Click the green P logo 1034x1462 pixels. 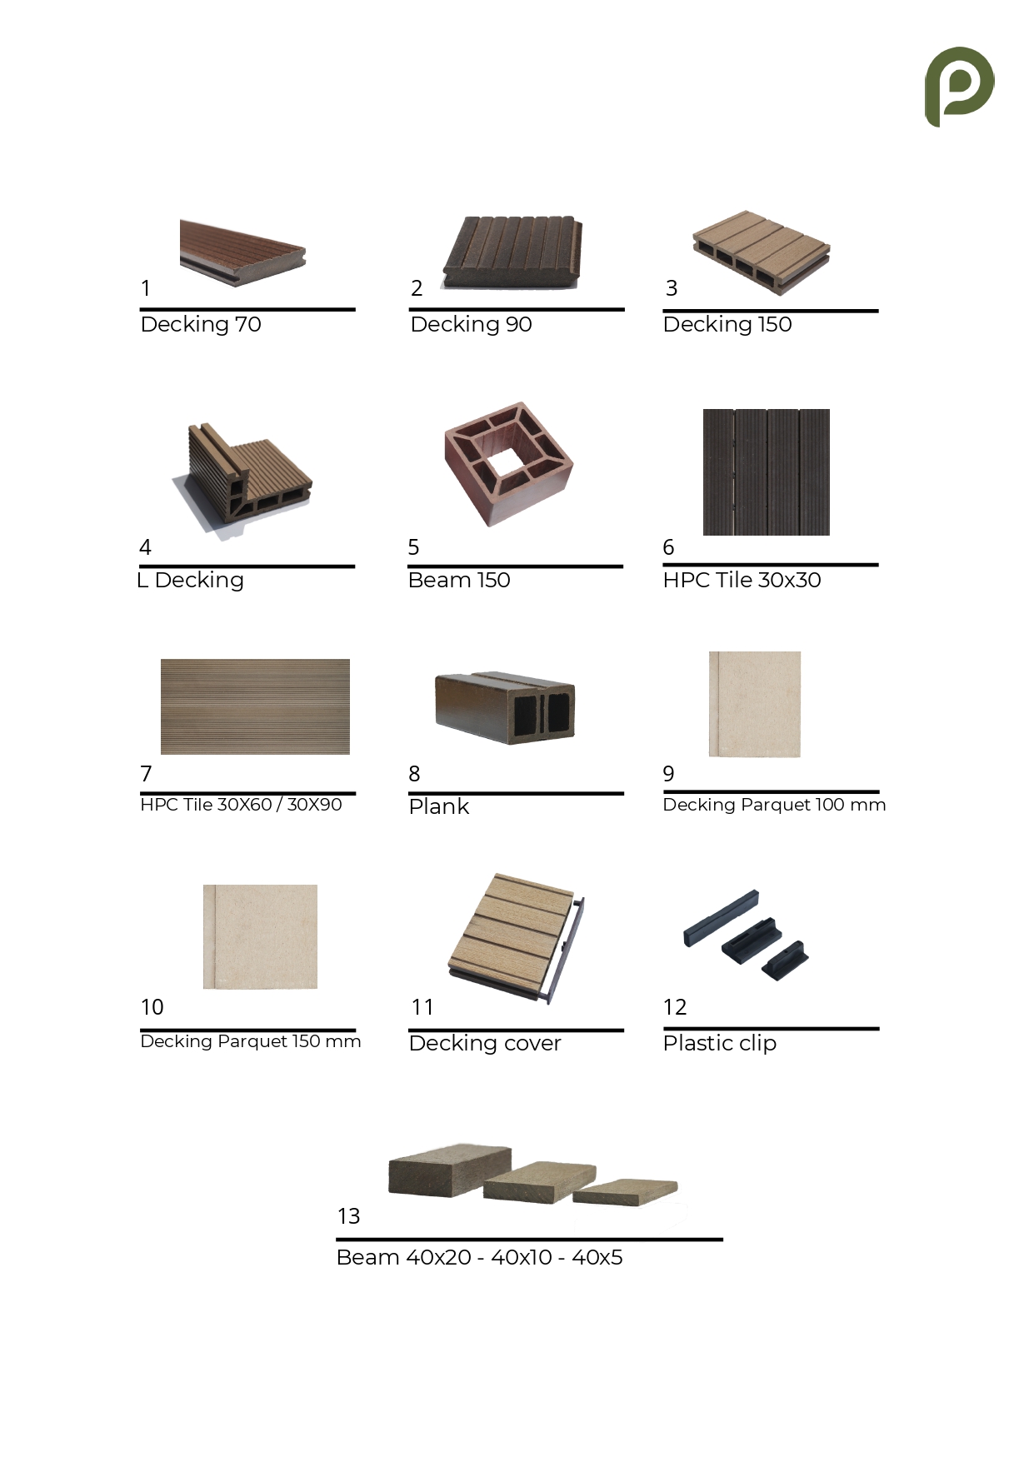(959, 87)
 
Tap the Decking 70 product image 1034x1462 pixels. (242, 253)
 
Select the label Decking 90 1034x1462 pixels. (471, 324)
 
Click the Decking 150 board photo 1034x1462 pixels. (762, 252)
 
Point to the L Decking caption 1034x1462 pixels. (190, 580)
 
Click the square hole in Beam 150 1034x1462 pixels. (508, 464)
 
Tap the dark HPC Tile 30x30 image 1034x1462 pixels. (767, 472)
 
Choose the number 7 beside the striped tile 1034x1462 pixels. (146, 774)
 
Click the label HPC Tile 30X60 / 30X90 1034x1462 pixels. (241, 805)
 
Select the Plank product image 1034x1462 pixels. (505, 707)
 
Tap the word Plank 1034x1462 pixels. (438, 806)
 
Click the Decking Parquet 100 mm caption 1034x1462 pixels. (774, 805)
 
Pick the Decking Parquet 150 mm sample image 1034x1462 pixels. (260, 936)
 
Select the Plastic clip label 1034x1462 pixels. (720, 1043)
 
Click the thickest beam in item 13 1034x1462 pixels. (450, 1170)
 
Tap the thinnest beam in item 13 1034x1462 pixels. (625, 1191)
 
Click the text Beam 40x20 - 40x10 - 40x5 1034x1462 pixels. (479, 1257)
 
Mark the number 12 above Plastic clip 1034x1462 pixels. (675, 1007)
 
